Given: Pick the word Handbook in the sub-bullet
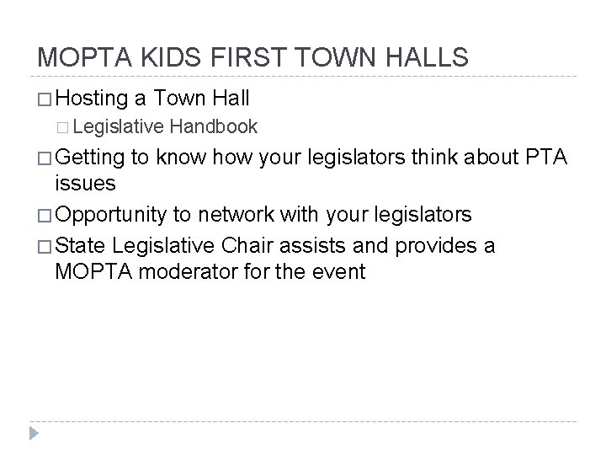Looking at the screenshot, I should pyautogui.click(x=214, y=126).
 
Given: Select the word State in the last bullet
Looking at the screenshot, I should pyautogui.click(x=81, y=244).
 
